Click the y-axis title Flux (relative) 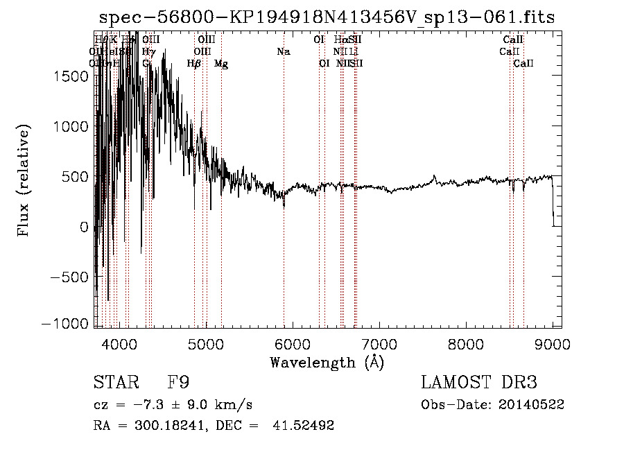[25, 181]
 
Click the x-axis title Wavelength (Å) [327, 362]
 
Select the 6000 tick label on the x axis [293, 343]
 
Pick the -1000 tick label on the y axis [65, 324]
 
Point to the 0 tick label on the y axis [84, 227]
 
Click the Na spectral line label [283, 51]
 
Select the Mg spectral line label [221, 64]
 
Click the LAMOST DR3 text [478, 383]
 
